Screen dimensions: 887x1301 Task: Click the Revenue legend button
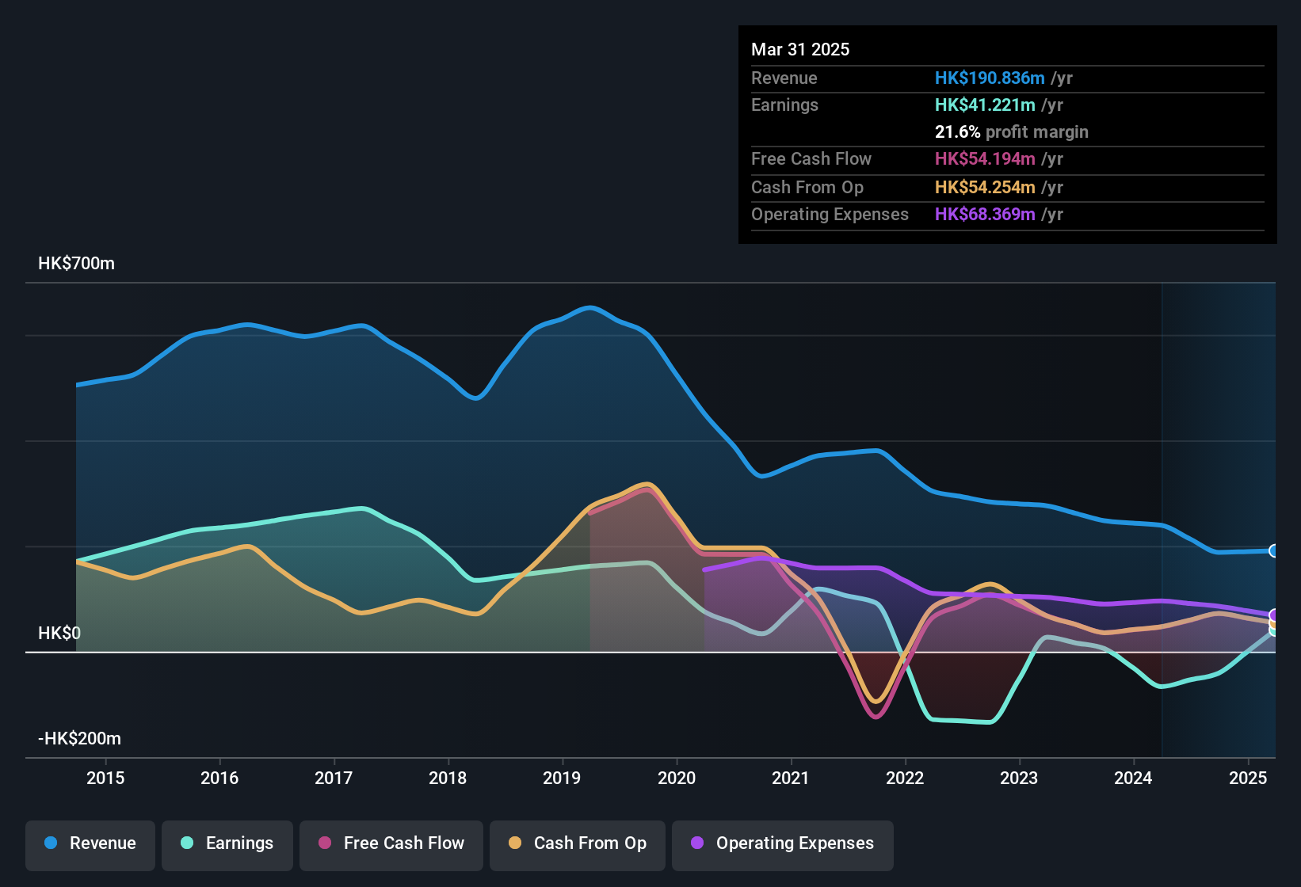tap(90, 843)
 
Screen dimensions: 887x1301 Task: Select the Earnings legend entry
tap(227, 843)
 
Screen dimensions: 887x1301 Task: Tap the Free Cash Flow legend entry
tap(391, 843)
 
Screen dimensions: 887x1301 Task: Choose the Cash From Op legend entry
tap(578, 843)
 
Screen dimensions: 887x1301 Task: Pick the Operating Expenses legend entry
tap(783, 843)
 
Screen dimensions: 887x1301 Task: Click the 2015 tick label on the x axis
tap(105, 778)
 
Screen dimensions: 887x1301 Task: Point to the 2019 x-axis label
tap(562, 778)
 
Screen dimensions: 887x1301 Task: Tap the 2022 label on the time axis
tap(905, 778)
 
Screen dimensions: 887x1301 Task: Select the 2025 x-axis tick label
tap(1248, 778)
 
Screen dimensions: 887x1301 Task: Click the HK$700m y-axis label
tap(76, 264)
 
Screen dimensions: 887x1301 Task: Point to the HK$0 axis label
tap(59, 634)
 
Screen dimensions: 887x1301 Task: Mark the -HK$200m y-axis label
tap(79, 739)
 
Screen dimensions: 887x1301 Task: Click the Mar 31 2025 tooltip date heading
tap(800, 49)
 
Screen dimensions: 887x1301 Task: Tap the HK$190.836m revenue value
tap(990, 78)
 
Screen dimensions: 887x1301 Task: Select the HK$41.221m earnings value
tap(985, 105)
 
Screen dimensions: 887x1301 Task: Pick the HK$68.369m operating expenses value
tap(985, 214)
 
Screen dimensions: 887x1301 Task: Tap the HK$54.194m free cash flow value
tap(985, 158)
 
